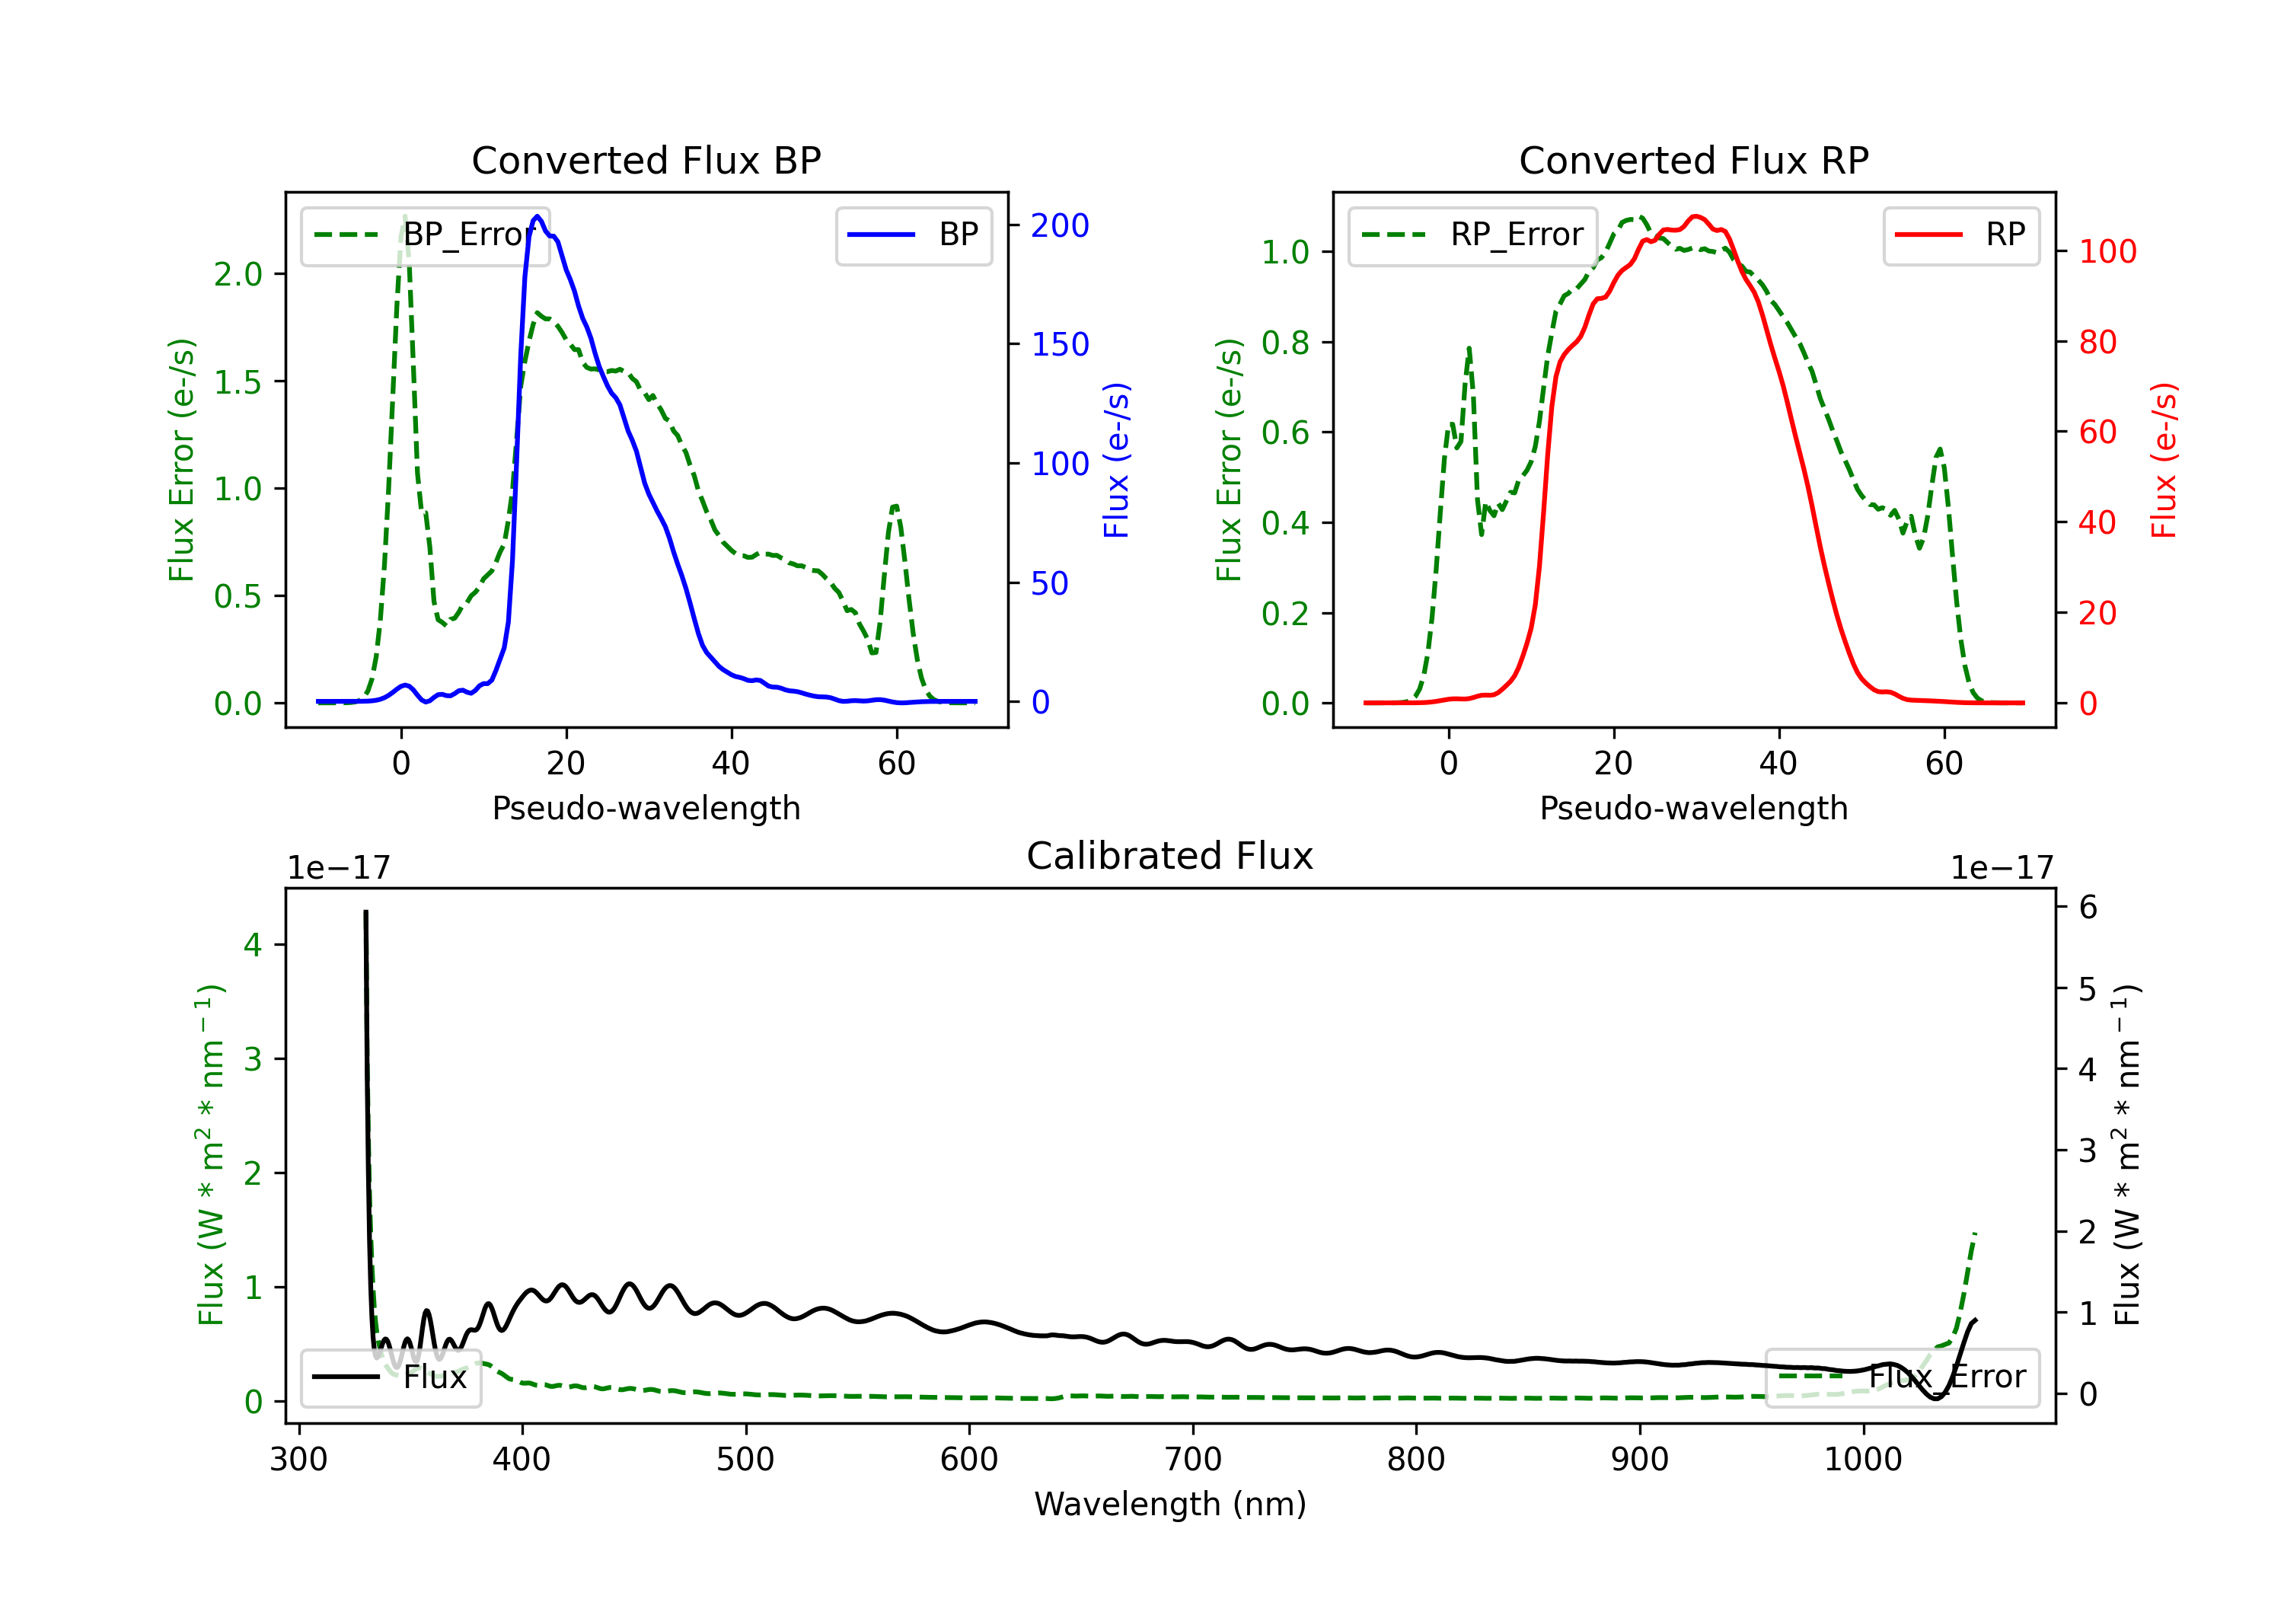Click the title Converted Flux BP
click(646, 160)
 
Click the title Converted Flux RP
click(1693, 160)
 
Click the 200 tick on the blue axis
click(1060, 226)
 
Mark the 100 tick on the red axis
click(2107, 252)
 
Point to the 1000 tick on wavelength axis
click(1862, 1460)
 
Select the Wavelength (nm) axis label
click(1170, 1504)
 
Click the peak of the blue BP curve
click(538, 216)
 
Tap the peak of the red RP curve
click(1696, 216)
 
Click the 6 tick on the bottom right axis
click(2088, 908)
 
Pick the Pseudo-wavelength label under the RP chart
click(1693, 808)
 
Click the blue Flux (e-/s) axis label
click(1116, 461)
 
